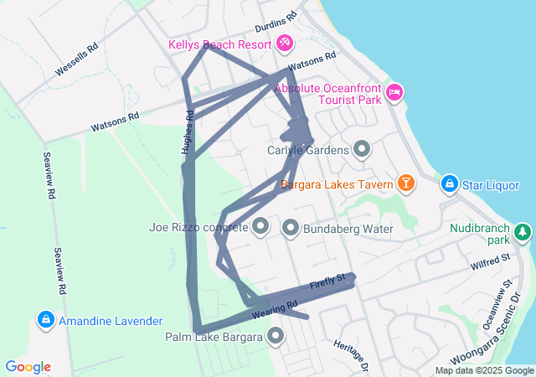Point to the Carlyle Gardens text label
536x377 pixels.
coord(307,151)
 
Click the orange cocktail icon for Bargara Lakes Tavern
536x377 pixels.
coord(406,183)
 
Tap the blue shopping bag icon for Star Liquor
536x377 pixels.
coord(450,183)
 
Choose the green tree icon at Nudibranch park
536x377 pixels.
coord(523,230)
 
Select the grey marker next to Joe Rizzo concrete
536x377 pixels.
coord(260,226)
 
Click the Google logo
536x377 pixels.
coord(28,367)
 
